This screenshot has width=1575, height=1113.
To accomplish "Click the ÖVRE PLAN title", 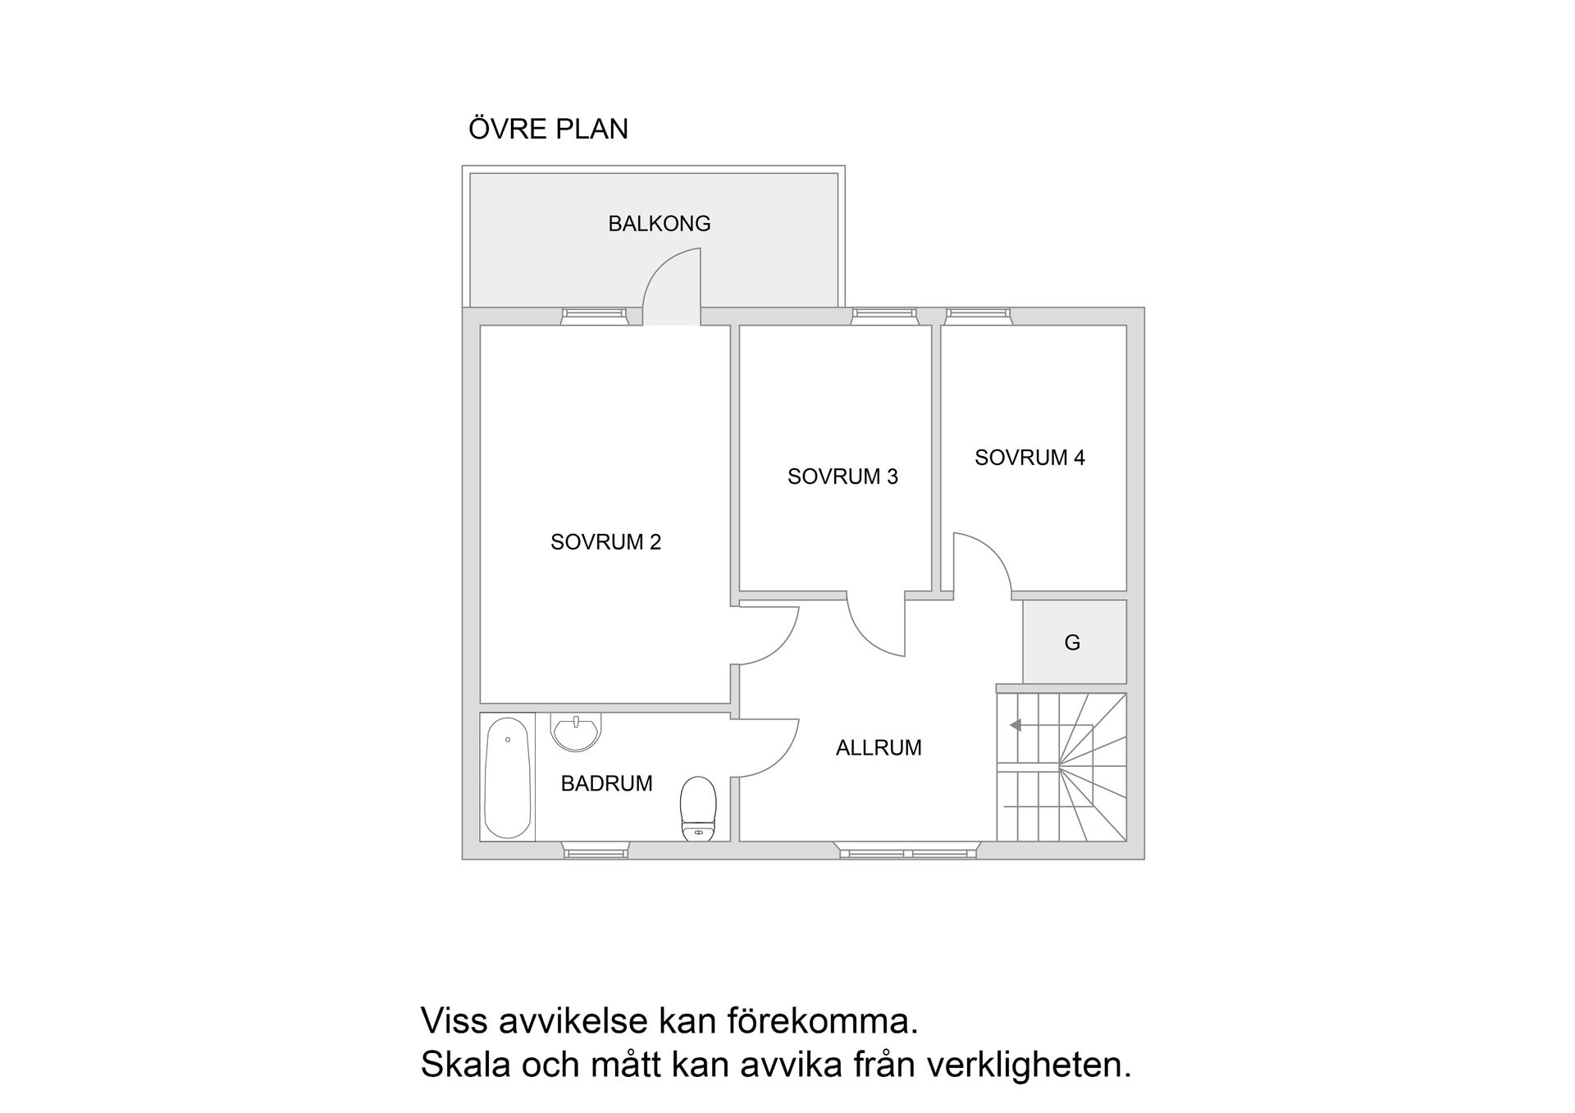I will coord(548,130).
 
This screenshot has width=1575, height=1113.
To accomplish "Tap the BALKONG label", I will coord(659,224).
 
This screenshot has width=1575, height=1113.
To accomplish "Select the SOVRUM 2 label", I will coord(605,542).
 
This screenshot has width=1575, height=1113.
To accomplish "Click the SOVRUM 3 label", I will coord(842,477).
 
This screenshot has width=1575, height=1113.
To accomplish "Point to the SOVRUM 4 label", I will coord(1029,458).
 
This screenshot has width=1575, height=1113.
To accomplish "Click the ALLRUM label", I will coord(879,748).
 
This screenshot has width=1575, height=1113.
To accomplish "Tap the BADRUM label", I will coord(606,784).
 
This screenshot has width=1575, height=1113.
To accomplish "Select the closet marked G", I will coord(1073,642).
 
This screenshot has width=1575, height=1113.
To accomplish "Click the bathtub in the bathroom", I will coord(507,777).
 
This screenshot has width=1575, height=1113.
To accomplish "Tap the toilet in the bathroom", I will coord(698,809).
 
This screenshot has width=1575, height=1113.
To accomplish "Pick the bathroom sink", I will coord(576,732).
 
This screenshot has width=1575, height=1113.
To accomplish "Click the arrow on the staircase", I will coord(1016,725).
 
